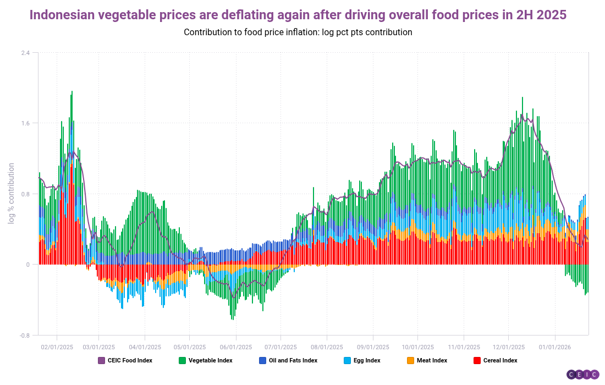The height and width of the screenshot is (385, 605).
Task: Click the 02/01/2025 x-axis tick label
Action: coord(57,347)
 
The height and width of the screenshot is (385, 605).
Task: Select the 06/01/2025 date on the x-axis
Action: coord(236,347)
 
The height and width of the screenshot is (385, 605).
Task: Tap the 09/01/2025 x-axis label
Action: coord(373,347)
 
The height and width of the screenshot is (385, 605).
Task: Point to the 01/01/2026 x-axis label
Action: coord(554,347)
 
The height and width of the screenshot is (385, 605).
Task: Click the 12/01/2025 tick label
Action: coord(508,347)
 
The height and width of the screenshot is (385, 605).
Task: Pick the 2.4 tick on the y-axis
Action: coord(26,53)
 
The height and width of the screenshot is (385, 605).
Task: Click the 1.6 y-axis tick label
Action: coord(26,123)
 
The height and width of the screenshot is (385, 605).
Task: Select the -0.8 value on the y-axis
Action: coord(25,335)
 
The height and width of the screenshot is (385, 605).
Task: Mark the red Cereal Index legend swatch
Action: coord(477,361)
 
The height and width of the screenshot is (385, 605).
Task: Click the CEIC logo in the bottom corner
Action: coord(583,375)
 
